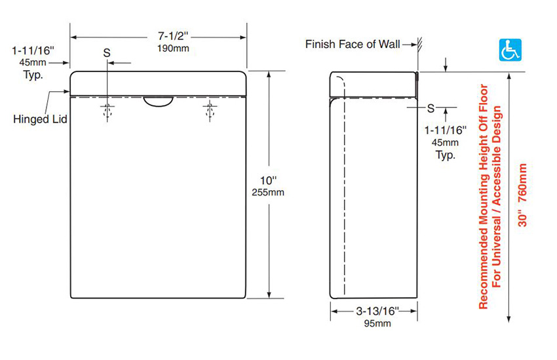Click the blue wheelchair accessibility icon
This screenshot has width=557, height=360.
510,50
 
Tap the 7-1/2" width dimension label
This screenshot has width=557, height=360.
173,36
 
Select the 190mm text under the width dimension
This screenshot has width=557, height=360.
173,49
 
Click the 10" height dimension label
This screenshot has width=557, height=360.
269,180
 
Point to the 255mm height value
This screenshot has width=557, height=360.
268,192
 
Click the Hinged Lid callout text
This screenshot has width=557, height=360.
40,119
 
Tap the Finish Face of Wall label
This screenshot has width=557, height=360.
353,44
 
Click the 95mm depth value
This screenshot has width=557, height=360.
377,323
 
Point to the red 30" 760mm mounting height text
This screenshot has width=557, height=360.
522,195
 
